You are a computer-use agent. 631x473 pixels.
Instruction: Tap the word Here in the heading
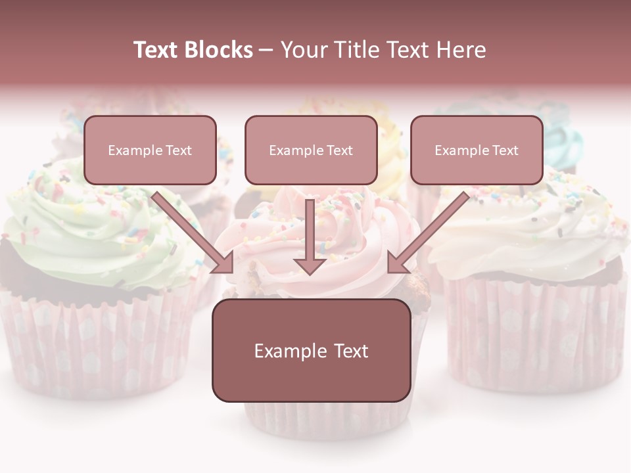[x=461, y=50]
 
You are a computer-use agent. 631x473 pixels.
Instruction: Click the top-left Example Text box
[x=150, y=150]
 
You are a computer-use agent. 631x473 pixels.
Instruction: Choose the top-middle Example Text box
[x=311, y=150]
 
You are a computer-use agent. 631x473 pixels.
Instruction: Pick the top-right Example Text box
[x=477, y=150]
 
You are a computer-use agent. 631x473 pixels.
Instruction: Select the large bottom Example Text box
[x=311, y=350]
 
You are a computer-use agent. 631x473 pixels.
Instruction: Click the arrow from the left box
[x=195, y=233]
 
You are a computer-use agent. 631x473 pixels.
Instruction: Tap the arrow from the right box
[x=427, y=233]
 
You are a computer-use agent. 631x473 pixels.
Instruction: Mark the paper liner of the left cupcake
[x=92, y=342]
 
